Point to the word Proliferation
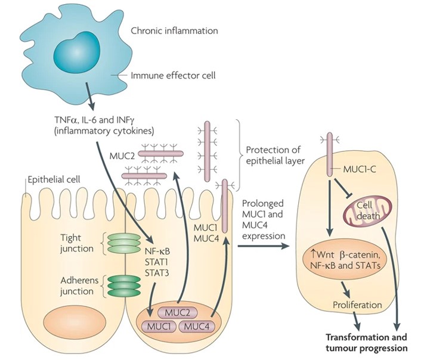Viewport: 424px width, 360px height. tap(357, 305)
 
